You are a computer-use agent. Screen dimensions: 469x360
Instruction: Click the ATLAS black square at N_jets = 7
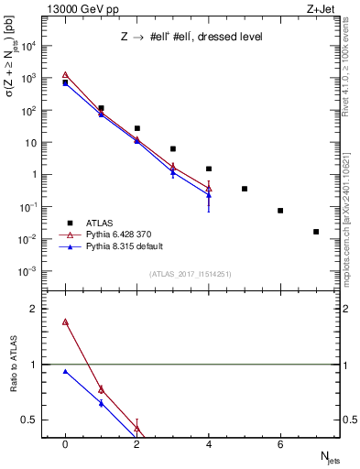(x=316, y=232)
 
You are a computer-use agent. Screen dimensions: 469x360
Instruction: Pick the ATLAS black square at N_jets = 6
(x=280, y=211)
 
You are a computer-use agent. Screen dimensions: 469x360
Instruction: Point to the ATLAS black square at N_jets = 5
(x=245, y=189)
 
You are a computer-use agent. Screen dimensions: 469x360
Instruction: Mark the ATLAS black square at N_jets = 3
(x=172, y=148)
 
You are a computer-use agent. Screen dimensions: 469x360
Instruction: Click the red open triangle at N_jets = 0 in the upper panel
(x=65, y=76)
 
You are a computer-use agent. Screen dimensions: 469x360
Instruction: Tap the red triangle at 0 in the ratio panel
(x=65, y=322)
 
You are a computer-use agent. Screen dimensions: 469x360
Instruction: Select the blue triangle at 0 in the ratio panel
(x=65, y=371)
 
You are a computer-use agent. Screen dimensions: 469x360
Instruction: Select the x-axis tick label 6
(x=280, y=443)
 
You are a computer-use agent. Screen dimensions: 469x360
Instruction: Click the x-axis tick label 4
(x=209, y=443)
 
